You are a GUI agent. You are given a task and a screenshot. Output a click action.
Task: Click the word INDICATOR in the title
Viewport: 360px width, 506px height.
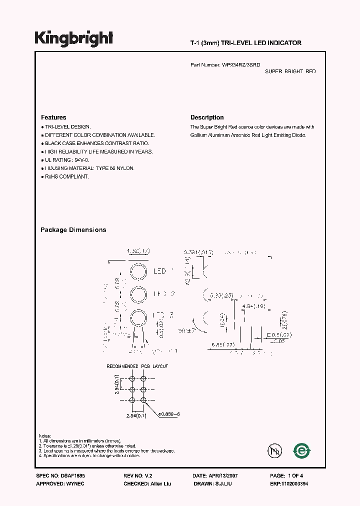point(286,43)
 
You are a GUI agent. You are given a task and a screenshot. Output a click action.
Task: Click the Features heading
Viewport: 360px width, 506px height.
point(53,118)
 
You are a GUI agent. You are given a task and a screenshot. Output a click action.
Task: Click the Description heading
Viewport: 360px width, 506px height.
point(207,118)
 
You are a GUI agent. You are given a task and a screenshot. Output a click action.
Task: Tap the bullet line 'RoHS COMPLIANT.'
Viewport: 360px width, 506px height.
point(65,177)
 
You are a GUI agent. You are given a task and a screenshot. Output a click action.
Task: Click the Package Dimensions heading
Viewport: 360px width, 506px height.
point(73,230)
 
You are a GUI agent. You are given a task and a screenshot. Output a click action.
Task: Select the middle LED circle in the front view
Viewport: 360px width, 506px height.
point(138,294)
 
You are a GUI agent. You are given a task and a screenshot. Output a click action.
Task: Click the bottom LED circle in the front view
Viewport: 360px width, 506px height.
point(138,318)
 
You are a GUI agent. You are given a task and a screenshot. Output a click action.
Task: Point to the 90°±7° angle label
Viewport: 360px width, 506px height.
point(187,331)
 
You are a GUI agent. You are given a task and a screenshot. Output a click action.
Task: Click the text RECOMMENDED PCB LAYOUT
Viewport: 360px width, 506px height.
point(137,366)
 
